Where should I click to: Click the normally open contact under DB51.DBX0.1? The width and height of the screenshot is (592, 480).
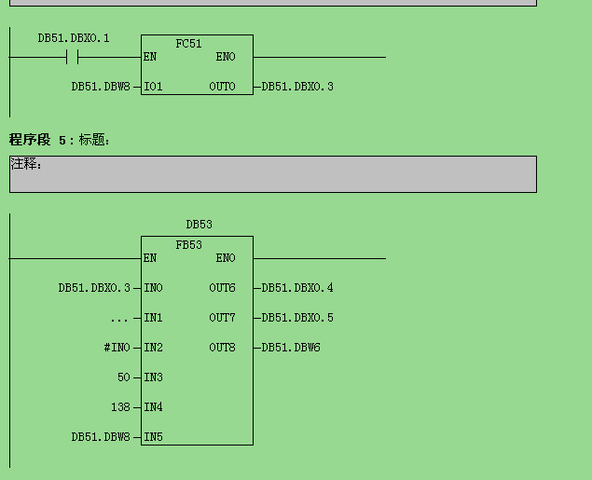[72, 57]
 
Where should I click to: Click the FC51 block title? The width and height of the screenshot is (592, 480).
[188, 44]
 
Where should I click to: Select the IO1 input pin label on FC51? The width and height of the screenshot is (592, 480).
[153, 87]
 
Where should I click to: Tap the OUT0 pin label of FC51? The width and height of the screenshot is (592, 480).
[222, 87]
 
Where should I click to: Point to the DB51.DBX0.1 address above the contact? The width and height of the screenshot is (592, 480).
[74, 38]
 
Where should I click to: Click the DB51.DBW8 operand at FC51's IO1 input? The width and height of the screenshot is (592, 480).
[101, 87]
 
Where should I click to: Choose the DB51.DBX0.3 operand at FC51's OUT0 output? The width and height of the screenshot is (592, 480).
[297, 87]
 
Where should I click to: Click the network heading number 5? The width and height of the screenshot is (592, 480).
[62, 141]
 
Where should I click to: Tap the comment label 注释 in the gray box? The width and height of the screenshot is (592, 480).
[24, 164]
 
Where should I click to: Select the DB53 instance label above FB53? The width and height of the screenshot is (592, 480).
[199, 225]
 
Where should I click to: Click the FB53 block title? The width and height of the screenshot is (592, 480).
[188, 245]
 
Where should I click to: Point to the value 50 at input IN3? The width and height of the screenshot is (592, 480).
[124, 377]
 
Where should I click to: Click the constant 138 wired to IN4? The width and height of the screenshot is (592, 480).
[120, 407]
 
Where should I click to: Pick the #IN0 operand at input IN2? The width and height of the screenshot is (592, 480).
[117, 348]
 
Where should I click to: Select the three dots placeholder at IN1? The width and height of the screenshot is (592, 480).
[119, 320]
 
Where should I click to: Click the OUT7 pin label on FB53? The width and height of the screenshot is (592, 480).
[222, 318]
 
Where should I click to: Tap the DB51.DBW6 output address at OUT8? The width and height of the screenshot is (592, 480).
[291, 348]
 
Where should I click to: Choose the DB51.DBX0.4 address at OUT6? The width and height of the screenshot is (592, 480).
[297, 288]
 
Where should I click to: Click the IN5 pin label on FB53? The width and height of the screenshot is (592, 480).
[153, 437]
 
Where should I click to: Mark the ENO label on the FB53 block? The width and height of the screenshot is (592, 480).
[226, 258]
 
